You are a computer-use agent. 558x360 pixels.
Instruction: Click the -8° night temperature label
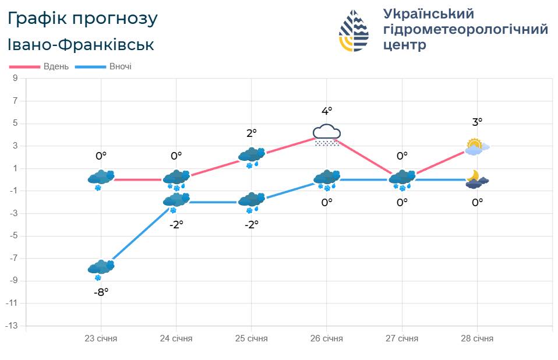101,292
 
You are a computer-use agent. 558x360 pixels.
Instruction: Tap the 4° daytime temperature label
327,111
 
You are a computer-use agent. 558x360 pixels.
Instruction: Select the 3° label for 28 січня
477,122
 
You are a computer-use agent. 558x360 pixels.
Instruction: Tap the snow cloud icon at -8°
101,269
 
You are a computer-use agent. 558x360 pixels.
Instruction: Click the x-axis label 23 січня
101,338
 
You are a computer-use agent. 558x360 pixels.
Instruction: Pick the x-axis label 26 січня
327,338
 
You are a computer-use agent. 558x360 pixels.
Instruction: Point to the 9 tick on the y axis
15,78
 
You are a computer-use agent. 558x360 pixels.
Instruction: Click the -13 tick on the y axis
12,326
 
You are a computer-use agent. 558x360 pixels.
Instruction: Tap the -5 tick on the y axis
13,236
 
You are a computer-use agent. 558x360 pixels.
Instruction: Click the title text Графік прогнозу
82,19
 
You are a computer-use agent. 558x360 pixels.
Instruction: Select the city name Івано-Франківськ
81,44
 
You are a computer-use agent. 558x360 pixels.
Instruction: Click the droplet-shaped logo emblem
354,30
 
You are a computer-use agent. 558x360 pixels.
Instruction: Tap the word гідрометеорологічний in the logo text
465,29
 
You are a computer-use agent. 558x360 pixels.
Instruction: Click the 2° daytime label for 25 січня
252,133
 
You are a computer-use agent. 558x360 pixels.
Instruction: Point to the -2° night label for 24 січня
176,224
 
